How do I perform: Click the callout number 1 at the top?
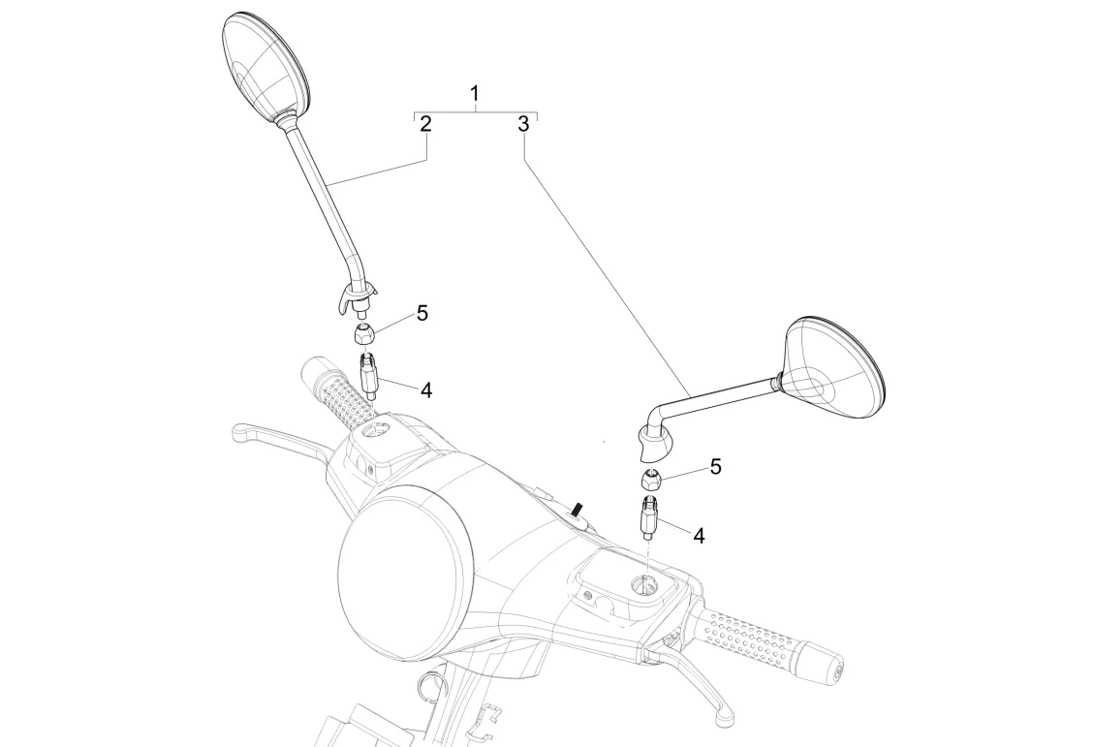(x=475, y=94)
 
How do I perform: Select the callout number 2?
(x=424, y=124)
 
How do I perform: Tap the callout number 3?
(x=523, y=124)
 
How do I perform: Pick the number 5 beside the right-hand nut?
(x=715, y=467)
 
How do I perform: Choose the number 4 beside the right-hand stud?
(x=698, y=533)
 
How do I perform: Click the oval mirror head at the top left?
(x=264, y=62)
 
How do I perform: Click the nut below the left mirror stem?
(x=364, y=335)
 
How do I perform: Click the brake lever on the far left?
(x=276, y=438)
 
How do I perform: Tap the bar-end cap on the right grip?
(x=830, y=668)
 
